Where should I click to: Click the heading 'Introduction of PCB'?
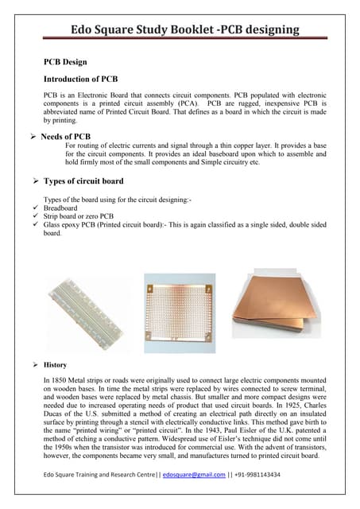tap(80, 80)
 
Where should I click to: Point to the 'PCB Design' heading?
tap(65, 62)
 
